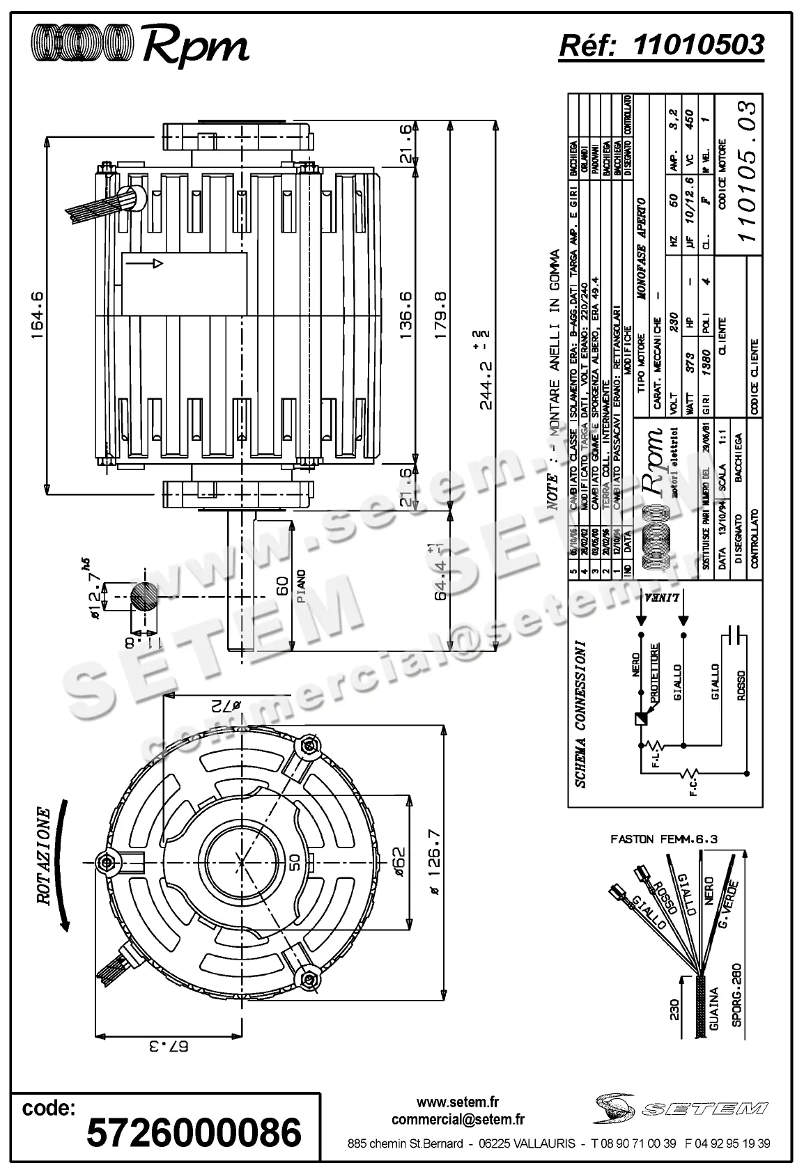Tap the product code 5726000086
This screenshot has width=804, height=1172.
point(193,1132)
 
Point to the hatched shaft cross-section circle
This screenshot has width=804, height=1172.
point(144,597)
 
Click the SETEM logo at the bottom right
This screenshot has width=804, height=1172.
point(681,1107)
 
